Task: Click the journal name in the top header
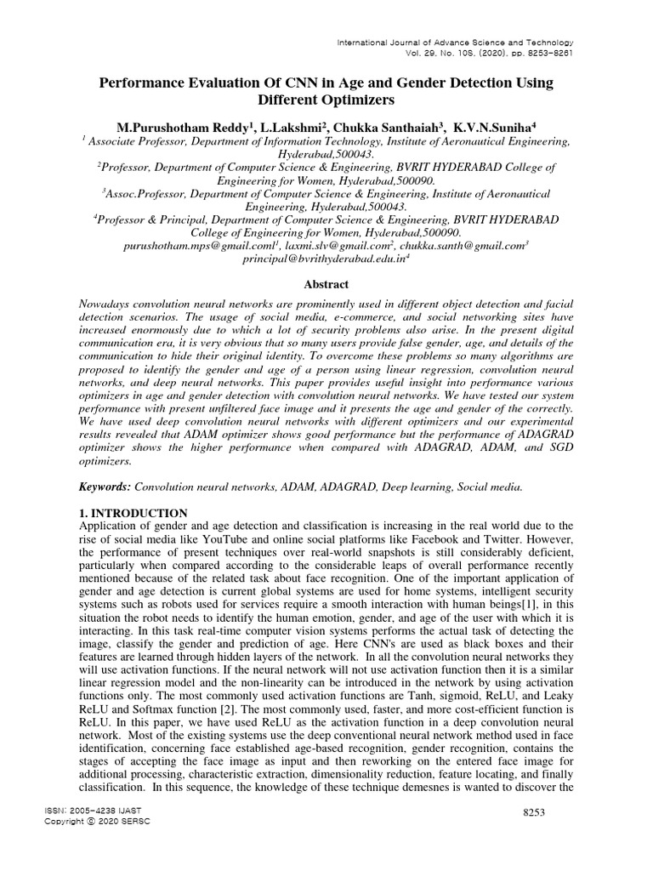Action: pos(456,43)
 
